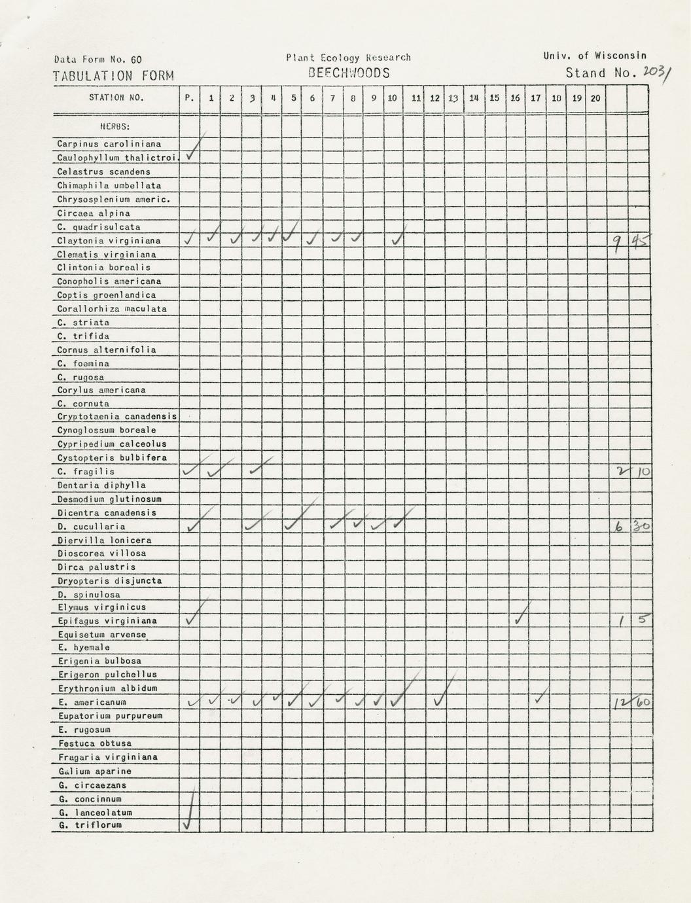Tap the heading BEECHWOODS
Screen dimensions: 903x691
coord(349,73)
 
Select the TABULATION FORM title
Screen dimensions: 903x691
coord(113,76)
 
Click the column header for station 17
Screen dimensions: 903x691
coord(535,98)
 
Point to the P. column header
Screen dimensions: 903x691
coord(189,98)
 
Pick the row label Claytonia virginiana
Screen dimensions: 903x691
coord(109,241)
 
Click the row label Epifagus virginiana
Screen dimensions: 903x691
coord(107,620)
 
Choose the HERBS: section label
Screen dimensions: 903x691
coord(115,126)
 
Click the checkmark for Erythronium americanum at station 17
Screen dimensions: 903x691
coord(539,699)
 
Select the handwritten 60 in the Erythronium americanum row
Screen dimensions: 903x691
coord(643,702)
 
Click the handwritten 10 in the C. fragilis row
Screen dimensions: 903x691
coord(643,471)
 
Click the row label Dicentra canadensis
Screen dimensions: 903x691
coord(107,513)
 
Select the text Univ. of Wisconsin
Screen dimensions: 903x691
coord(594,56)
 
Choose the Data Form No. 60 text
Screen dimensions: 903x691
coord(98,60)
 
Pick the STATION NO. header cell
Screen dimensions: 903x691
coord(116,98)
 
